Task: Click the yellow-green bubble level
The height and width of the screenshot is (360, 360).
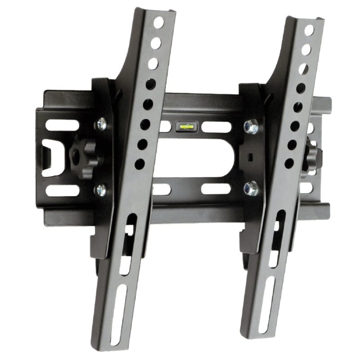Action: (x=184, y=126)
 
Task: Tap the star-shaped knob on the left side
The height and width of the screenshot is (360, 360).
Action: (x=84, y=156)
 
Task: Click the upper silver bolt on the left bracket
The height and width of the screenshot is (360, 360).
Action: (x=101, y=124)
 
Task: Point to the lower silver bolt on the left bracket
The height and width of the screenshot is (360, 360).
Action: (x=100, y=189)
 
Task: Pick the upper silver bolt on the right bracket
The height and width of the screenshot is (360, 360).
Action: (x=251, y=126)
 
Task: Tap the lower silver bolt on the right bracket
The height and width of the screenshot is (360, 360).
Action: (x=250, y=188)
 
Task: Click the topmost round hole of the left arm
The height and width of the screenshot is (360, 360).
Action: (x=159, y=22)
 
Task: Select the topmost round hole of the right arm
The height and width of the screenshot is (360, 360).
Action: (x=309, y=30)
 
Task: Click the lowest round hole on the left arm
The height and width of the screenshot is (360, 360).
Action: (x=139, y=164)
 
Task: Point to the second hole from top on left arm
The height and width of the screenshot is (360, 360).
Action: (x=156, y=43)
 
